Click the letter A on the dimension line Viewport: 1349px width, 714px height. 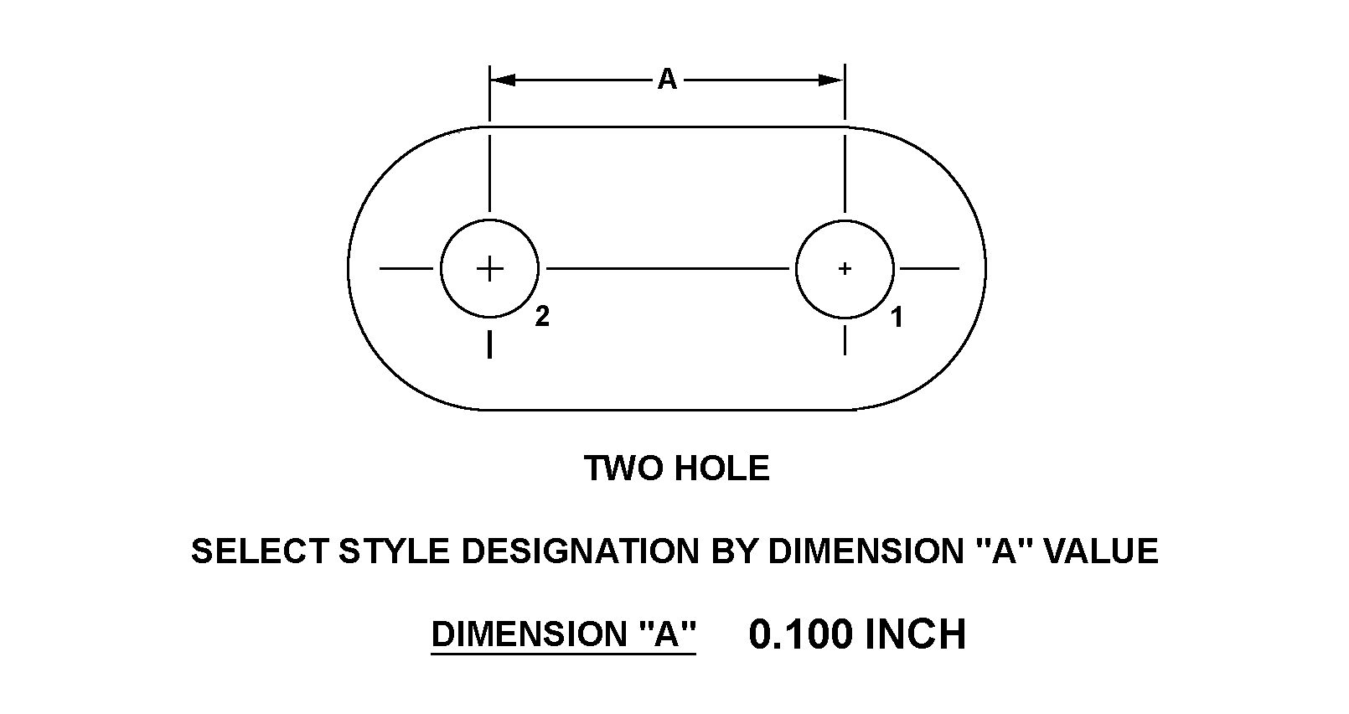667,80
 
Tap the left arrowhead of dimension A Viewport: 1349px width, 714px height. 503,80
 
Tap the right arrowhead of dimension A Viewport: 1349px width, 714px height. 830,80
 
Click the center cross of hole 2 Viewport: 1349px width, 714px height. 489,269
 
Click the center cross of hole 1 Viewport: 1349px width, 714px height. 845,269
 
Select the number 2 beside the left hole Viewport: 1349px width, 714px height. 542,316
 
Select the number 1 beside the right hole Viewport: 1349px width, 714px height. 897,317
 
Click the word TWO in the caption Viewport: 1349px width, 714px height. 623,468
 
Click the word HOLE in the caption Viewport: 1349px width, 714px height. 722,468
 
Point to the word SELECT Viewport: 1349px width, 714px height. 260,551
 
